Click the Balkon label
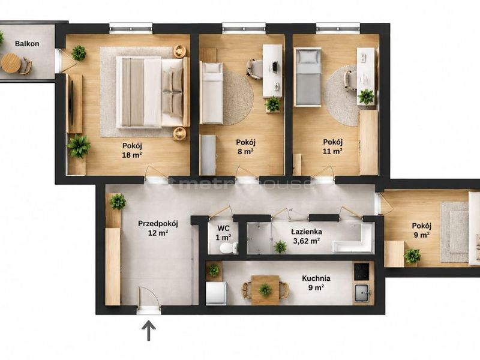tap(27, 44)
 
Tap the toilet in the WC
tap(228, 247)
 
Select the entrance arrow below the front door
tap(148, 331)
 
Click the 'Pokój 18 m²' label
tap(132, 151)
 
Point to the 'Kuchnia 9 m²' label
tap(316, 283)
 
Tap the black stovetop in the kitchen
tap(362, 272)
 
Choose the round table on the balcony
tap(11, 63)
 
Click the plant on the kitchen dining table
tap(265, 289)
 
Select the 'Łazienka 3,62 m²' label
tap(307, 236)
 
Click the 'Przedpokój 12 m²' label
tap(158, 228)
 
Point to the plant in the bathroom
tap(280, 247)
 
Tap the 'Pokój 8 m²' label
tap(245, 146)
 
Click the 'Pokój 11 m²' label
tap(333, 146)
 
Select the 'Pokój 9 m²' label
tap(422, 230)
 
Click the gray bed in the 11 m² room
tap(308, 77)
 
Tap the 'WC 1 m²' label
tap(223, 233)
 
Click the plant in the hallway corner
tap(118, 202)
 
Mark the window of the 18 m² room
tap(131, 29)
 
